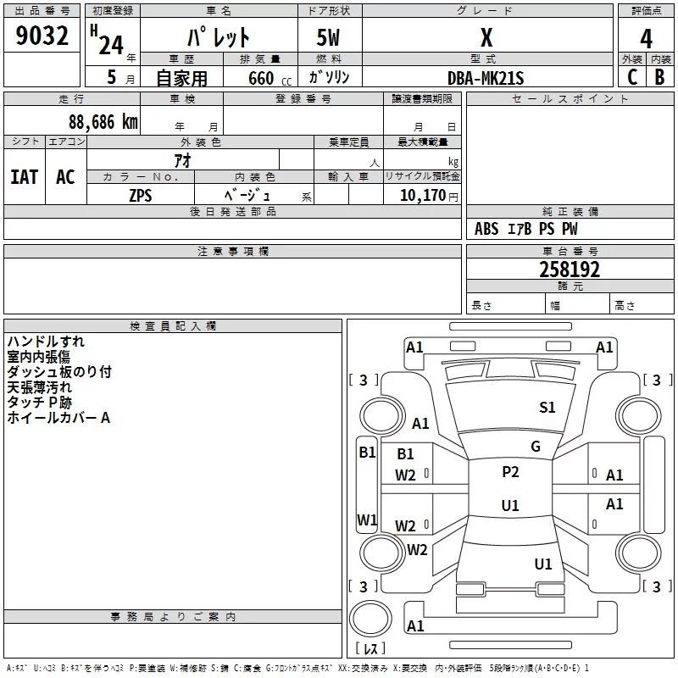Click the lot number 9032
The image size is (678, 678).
42,36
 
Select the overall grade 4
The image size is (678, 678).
646,39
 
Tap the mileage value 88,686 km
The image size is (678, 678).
103,122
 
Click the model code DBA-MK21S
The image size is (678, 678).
486,78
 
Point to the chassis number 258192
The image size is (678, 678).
570,270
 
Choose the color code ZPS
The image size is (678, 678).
141,196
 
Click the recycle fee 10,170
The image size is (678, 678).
423,196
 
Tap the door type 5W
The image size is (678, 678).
328,37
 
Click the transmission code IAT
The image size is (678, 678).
25,177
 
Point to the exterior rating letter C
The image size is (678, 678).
632,77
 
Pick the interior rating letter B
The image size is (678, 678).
659,77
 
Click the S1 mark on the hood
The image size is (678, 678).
547,408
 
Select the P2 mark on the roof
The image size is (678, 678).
510,472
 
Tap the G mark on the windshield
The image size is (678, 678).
536,447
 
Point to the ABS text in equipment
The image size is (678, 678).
486,229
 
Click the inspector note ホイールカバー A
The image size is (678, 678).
58,418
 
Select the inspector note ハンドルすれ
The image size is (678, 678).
46,342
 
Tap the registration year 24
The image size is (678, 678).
111,46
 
